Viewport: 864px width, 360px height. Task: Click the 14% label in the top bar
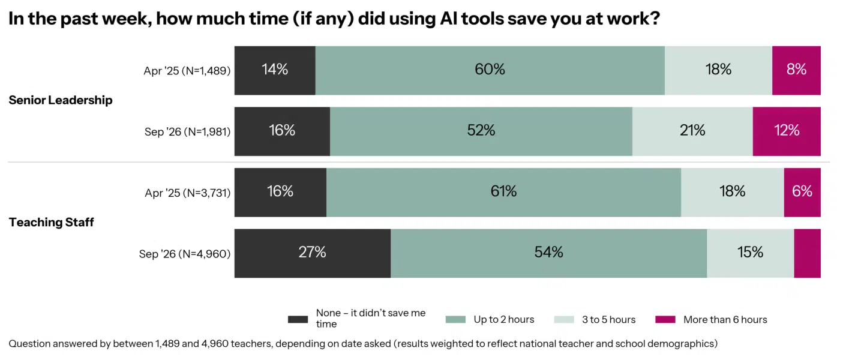(275, 70)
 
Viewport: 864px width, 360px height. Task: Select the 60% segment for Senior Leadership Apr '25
(490, 71)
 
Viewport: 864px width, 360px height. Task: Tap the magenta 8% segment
(796, 71)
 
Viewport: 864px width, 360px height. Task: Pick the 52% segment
(481, 131)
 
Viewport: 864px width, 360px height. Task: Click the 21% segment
(692, 131)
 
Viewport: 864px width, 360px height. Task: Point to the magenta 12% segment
(787, 131)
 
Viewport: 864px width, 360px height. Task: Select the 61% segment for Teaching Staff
(504, 193)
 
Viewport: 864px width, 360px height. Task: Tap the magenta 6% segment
(802, 193)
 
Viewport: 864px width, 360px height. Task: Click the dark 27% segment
(313, 254)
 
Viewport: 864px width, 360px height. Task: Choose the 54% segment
(549, 254)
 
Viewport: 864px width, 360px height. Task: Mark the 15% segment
(751, 254)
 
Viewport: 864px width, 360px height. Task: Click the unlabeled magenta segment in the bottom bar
(808, 254)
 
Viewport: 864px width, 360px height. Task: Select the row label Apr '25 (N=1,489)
(187, 71)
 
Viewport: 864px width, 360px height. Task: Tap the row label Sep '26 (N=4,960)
(185, 254)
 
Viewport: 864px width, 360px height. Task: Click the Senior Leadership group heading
(61, 100)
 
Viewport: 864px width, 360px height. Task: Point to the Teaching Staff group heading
(52, 222)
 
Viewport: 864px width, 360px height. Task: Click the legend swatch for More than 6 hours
(665, 319)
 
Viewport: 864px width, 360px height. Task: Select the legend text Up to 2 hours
(504, 319)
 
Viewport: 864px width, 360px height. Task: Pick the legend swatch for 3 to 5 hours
(564, 319)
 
